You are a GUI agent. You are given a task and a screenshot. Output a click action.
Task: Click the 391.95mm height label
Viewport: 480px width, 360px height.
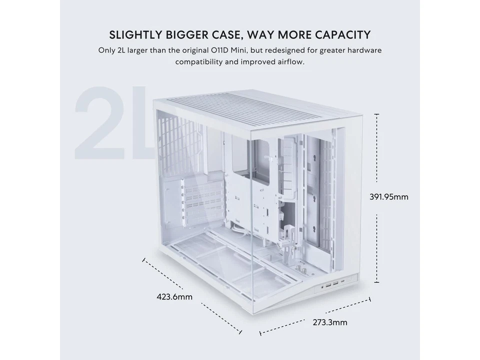[x=388, y=196]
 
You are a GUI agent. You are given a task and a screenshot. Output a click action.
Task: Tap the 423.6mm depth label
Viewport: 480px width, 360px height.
[x=174, y=297]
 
